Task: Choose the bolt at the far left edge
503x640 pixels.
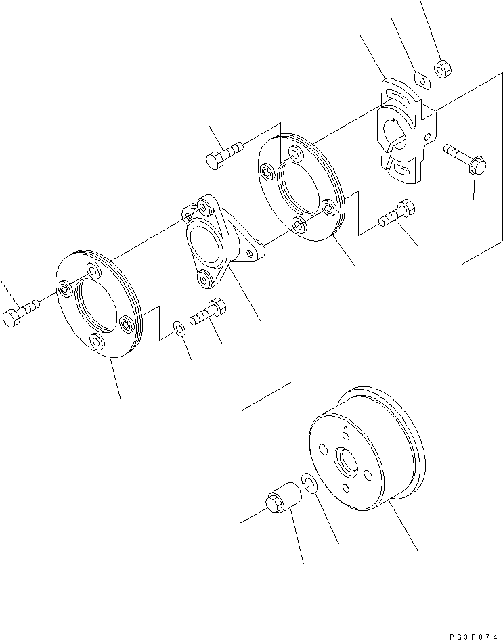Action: click(20, 313)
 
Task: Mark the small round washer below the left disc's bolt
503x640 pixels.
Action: click(179, 328)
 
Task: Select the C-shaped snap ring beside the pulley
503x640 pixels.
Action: click(310, 484)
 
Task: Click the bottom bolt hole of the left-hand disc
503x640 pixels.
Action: click(97, 342)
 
